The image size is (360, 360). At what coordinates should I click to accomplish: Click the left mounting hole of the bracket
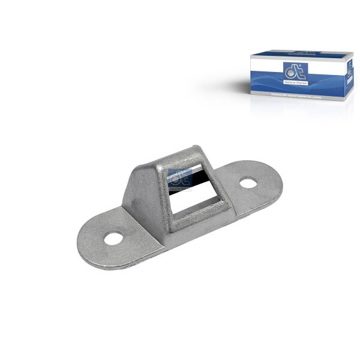click(112, 239)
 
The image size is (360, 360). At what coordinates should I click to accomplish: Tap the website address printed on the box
click(296, 95)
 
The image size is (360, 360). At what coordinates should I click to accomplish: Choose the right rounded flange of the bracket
click(252, 180)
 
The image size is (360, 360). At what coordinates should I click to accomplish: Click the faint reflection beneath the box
click(300, 108)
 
